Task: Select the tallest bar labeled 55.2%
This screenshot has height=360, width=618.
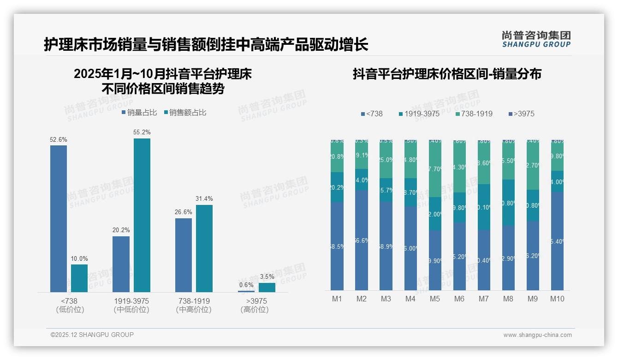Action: click(142, 215)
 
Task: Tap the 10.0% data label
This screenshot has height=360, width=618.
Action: click(79, 258)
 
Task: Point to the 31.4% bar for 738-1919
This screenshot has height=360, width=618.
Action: click(204, 248)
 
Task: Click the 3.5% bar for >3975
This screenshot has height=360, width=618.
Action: click(267, 288)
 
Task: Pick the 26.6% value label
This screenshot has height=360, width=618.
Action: click(184, 212)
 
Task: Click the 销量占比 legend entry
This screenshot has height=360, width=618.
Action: click(139, 112)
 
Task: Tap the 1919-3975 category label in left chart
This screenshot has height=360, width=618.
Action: click(131, 301)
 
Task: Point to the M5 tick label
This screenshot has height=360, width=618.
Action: click(434, 299)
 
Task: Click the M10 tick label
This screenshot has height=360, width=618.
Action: click(557, 299)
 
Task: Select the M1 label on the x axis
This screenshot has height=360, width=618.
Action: click(337, 299)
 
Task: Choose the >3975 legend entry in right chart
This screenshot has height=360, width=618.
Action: click(521, 114)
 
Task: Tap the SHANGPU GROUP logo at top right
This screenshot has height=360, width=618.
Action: click(536, 39)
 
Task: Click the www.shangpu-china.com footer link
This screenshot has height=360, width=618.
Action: click(537, 335)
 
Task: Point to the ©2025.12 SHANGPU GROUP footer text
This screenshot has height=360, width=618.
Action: click(92, 335)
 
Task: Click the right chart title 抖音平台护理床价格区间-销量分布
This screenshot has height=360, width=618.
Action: click(447, 74)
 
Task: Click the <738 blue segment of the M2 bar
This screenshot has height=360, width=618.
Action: click(362, 240)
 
